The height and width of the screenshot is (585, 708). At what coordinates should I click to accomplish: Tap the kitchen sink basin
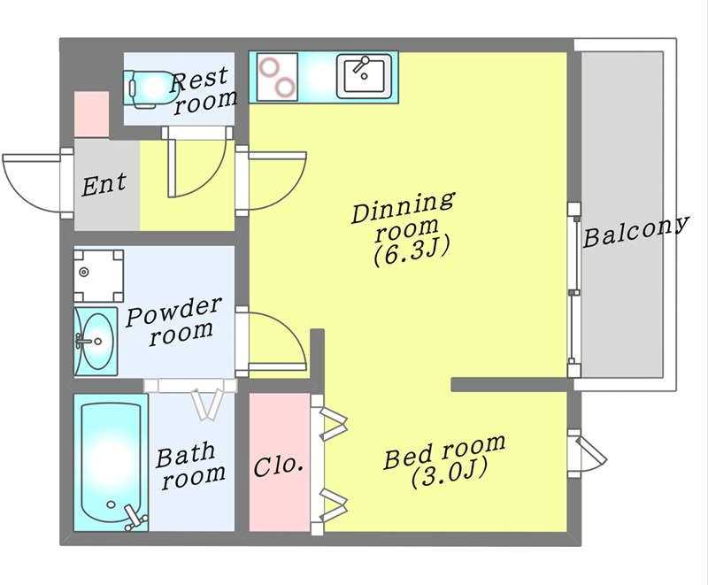click(x=364, y=74)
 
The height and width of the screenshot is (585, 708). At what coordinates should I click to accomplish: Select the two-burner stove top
click(x=275, y=76)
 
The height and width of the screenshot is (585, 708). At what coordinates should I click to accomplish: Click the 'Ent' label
click(x=104, y=185)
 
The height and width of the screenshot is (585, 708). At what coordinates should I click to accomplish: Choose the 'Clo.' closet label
click(x=280, y=465)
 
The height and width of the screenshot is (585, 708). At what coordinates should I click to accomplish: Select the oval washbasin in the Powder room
click(x=94, y=338)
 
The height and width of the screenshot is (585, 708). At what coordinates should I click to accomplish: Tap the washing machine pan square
click(x=98, y=273)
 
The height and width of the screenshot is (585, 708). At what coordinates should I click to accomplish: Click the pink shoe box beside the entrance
click(x=91, y=114)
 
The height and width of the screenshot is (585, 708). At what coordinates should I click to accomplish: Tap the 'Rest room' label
click(x=203, y=91)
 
